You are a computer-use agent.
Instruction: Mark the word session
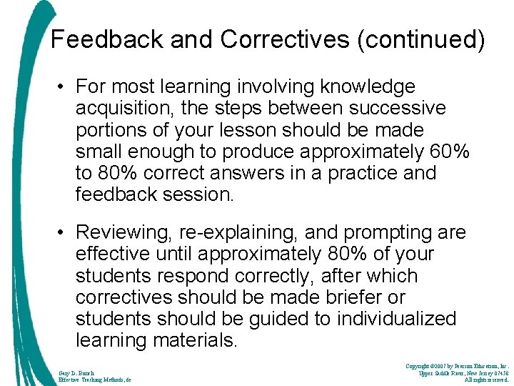click(x=197, y=194)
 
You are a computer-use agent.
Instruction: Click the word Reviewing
click(x=123, y=232)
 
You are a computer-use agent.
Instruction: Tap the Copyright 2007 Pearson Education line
click(x=457, y=366)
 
